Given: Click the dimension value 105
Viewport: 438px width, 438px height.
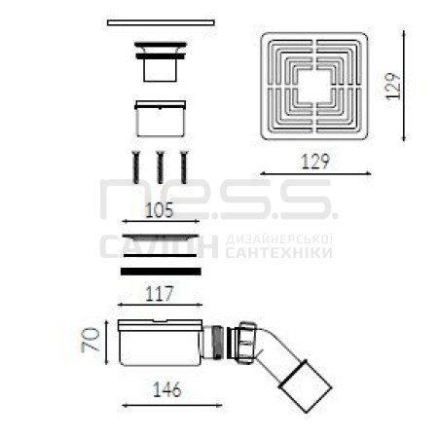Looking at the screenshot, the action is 159,210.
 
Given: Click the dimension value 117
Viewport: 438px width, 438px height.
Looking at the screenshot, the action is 160,294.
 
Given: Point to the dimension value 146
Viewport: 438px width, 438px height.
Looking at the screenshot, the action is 166,389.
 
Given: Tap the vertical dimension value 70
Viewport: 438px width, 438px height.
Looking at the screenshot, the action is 91,340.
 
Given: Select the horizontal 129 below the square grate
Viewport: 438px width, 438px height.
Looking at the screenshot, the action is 315,162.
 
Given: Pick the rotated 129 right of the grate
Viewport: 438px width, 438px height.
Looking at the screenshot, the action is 393,87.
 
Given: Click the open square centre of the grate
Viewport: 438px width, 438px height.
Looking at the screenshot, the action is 315,86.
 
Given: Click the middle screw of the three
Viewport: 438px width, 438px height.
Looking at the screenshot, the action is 160,167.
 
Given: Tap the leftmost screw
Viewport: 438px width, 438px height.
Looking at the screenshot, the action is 135,167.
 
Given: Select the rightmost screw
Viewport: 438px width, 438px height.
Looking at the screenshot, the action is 184,167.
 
